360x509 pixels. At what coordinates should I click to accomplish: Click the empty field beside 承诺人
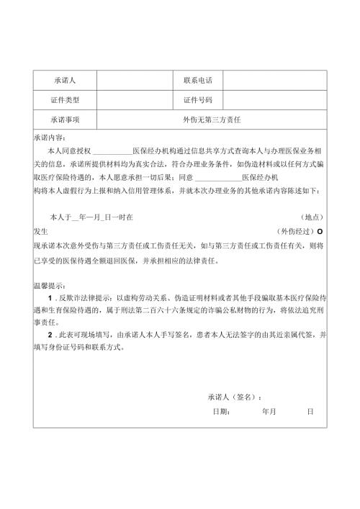[134, 80]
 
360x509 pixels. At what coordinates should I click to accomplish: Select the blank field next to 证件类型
[134, 100]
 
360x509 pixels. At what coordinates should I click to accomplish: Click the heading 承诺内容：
[49, 137]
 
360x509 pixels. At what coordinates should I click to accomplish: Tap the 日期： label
[221, 412]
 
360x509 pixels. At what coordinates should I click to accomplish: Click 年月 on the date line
[269, 412]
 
